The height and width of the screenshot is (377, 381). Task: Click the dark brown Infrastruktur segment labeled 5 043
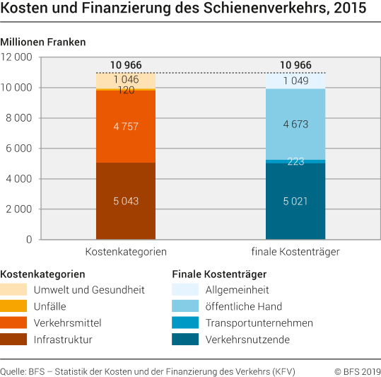126,201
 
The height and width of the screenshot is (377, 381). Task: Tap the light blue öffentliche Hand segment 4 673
295,124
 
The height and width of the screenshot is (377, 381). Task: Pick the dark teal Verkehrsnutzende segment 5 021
295,201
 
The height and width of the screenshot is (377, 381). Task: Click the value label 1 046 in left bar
126,79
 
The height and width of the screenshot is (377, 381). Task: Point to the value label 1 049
295,80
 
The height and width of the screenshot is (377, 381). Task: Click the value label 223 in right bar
295,161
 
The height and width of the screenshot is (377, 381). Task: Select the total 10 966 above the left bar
126,65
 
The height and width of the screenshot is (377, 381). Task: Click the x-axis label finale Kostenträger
295,252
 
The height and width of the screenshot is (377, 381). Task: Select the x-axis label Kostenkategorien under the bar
126,252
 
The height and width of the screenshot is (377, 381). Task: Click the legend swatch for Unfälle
14,306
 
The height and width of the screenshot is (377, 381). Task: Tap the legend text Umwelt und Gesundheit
89,289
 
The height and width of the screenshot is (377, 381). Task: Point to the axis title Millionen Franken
43,42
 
